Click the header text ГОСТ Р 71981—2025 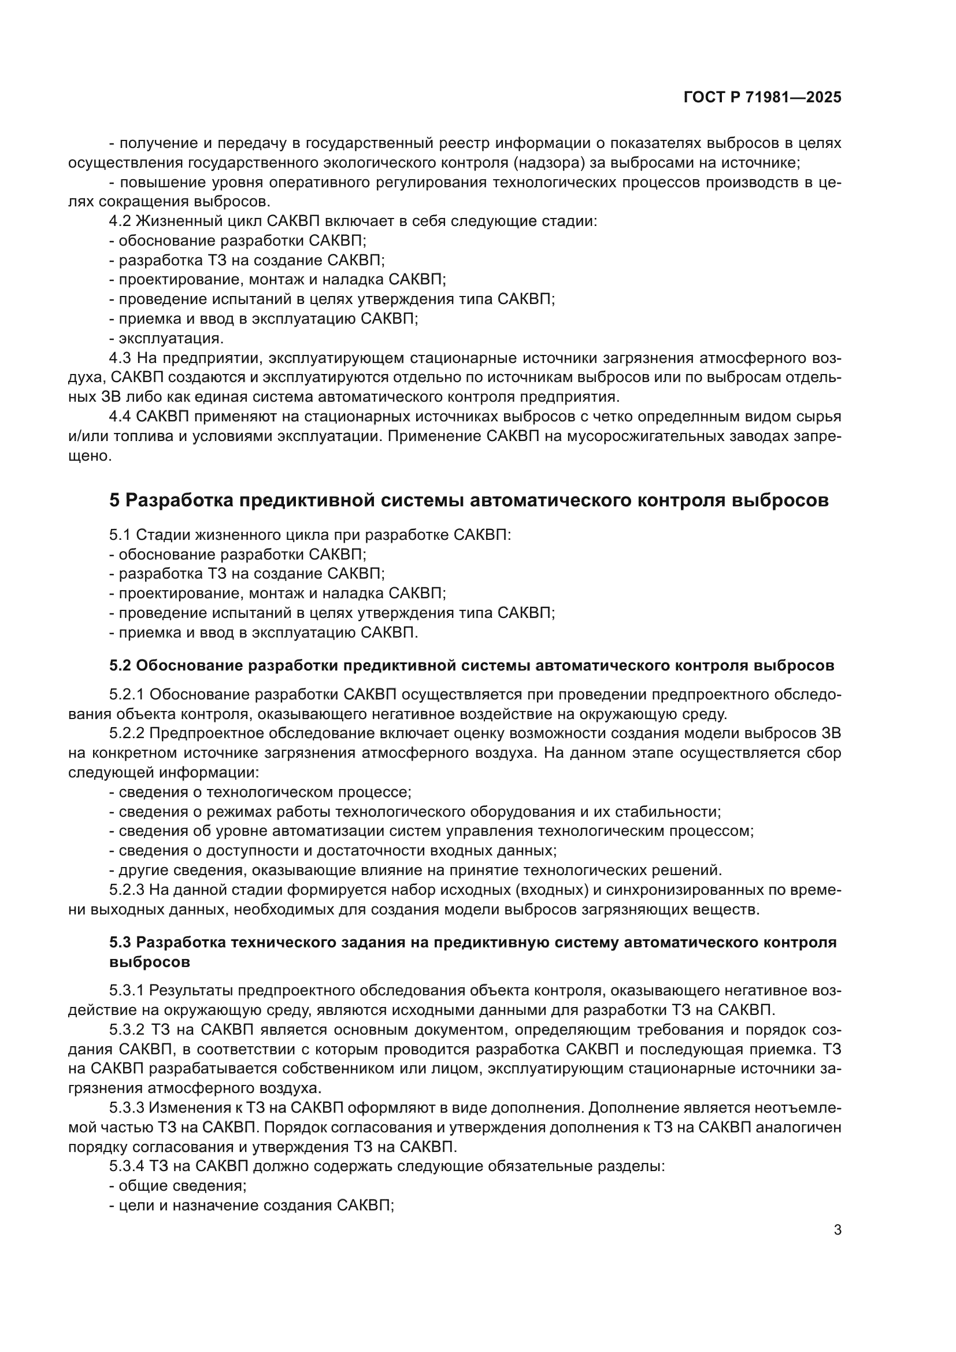point(762,98)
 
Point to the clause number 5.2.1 point(126,695)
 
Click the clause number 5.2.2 point(126,734)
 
